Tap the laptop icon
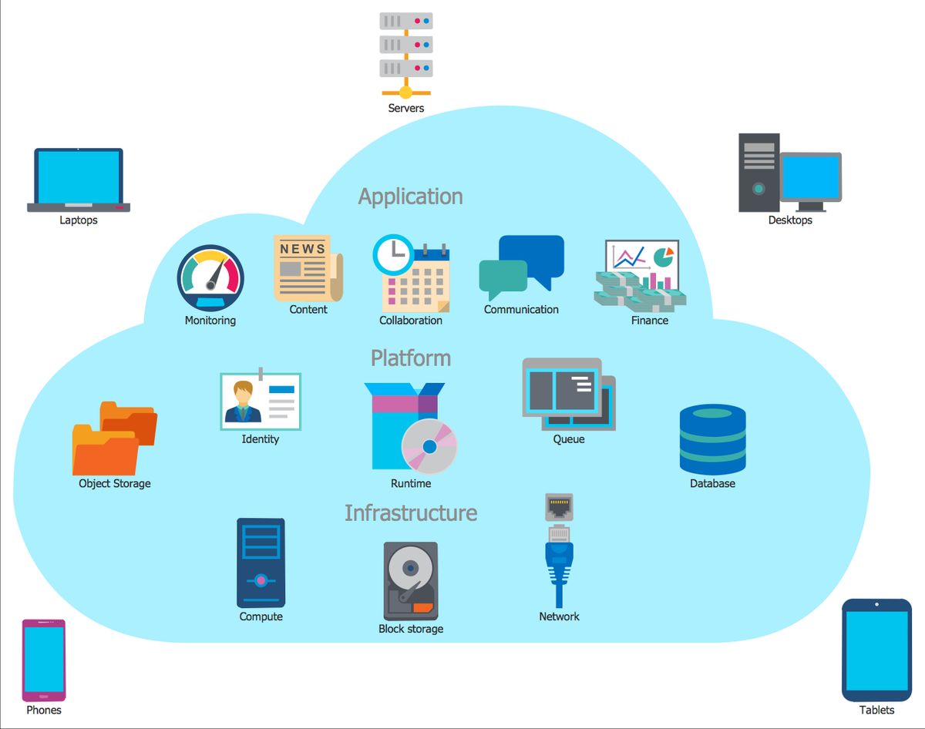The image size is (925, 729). (x=79, y=180)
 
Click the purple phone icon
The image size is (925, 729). (x=44, y=660)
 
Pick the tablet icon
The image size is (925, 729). (x=876, y=650)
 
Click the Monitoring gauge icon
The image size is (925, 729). (x=210, y=278)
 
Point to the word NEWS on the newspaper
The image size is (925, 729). (x=302, y=249)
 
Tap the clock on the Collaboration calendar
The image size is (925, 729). (x=393, y=254)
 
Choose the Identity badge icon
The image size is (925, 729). (x=261, y=401)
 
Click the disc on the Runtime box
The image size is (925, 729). (x=429, y=446)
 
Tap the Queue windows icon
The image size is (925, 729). (x=568, y=394)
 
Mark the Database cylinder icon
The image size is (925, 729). (x=712, y=439)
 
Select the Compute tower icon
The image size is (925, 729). (x=261, y=563)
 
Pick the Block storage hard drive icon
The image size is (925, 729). (x=410, y=581)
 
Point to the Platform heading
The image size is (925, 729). (x=410, y=358)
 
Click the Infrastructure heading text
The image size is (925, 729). (x=410, y=512)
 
